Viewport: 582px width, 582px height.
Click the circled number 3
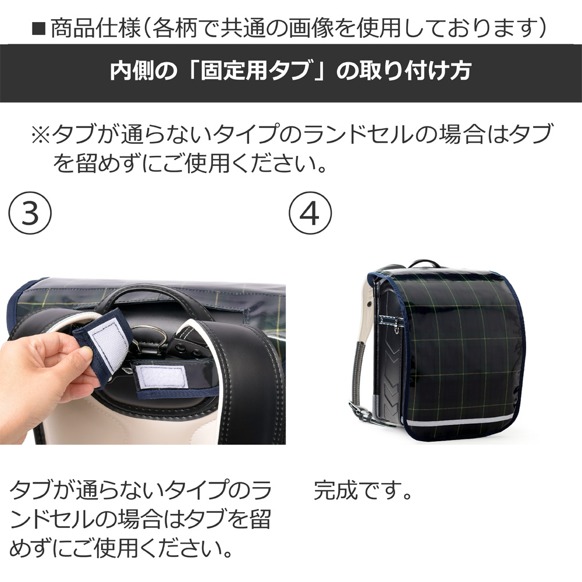coord(30,212)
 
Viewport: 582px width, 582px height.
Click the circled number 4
coord(310,212)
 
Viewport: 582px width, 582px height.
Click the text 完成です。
coord(363,491)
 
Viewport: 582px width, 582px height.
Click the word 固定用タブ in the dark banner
coord(255,70)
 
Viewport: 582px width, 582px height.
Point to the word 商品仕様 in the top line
coord(95,29)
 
